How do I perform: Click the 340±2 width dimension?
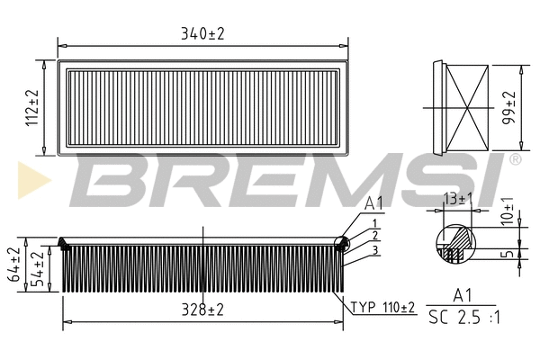click(x=202, y=33)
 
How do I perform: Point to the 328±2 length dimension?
click(x=202, y=310)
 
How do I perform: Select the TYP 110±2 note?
click(x=382, y=308)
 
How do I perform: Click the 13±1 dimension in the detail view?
click(x=456, y=197)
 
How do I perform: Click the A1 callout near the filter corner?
click(x=375, y=205)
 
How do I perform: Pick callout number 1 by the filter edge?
click(x=374, y=222)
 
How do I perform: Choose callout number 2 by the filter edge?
click(x=374, y=236)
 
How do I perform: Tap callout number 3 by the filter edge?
click(x=374, y=249)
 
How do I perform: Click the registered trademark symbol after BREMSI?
click(x=515, y=159)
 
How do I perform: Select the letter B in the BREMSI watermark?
click(x=103, y=179)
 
